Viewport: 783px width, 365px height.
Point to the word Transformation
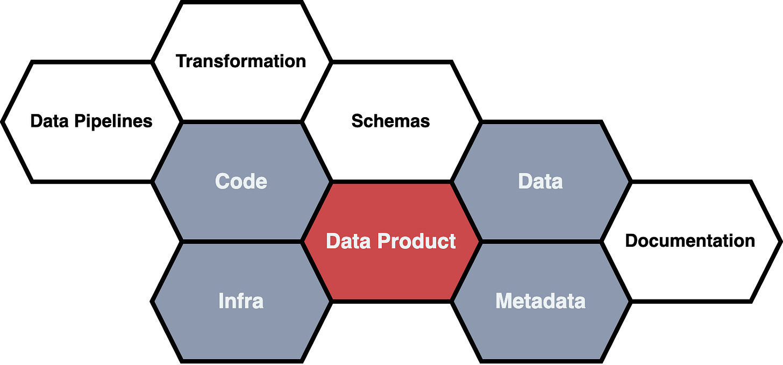coord(241,61)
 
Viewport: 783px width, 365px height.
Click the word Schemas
coord(391,121)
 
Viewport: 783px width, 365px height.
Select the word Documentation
coord(691,240)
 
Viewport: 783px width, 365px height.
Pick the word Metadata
coord(540,301)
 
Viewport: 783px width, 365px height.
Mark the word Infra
coord(241,301)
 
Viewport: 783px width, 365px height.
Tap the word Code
coord(241,181)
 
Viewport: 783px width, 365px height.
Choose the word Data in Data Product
coord(348,241)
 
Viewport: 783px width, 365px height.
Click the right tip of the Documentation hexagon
coord(779,240)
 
